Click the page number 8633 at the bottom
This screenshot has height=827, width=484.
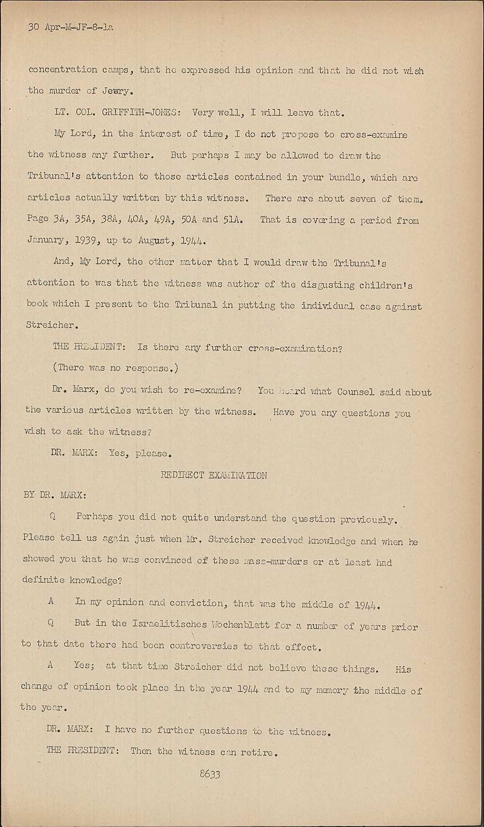click(x=210, y=774)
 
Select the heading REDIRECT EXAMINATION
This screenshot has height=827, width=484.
click(x=214, y=475)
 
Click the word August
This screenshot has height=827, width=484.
click(x=156, y=240)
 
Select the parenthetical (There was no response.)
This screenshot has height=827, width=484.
click(x=115, y=368)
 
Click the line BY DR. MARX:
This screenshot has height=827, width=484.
click(x=54, y=495)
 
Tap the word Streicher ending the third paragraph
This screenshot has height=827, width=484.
click(x=49, y=325)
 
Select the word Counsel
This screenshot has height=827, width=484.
click(x=356, y=391)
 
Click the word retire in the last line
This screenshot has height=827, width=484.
click(x=257, y=752)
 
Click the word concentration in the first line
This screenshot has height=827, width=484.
click(x=62, y=70)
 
